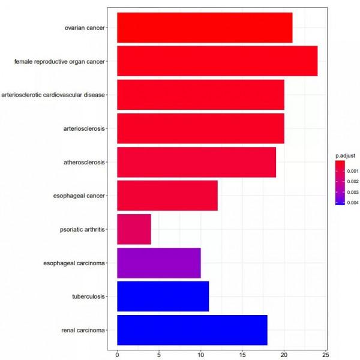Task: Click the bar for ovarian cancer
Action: click(x=204, y=28)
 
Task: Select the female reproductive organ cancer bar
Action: click(x=217, y=61)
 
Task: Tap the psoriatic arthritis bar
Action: click(x=134, y=229)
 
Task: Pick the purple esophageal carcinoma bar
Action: click(x=158, y=263)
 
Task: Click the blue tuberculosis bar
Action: click(x=163, y=296)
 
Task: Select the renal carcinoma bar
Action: click(x=191, y=330)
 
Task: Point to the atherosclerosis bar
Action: click(x=196, y=162)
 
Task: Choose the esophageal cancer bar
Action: click(x=167, y=196)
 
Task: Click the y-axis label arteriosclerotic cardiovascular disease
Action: click(x=54, y=95)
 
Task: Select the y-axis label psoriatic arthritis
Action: click(x=83, y=229)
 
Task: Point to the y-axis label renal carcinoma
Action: click(x=83, y=330)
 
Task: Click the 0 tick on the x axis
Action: click(x=117, y=354)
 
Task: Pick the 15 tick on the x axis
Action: click(x=242, y=354)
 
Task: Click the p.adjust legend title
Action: click(x=346, y=155)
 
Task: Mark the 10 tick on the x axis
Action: click(x=200, y=354)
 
